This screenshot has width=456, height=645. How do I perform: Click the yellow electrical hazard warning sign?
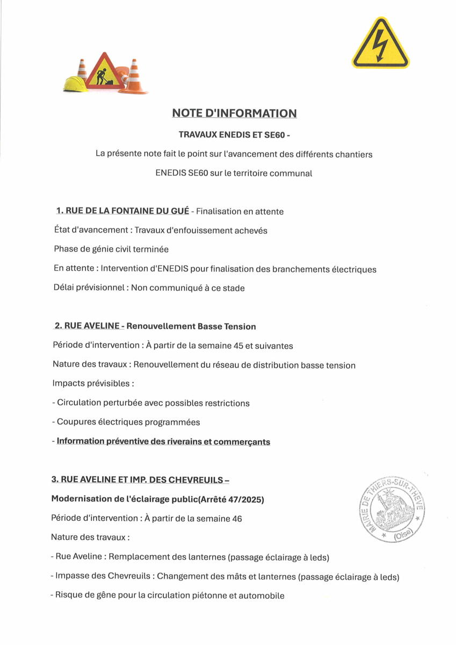[x=380, y=45]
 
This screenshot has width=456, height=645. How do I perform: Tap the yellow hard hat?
[x=74, y=84]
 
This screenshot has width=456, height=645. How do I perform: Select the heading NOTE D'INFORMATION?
[x=234, y=113]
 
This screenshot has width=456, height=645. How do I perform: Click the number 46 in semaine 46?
[x=236, y=519]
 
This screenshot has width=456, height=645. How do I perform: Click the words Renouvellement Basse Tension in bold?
[x=191, y=326]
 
